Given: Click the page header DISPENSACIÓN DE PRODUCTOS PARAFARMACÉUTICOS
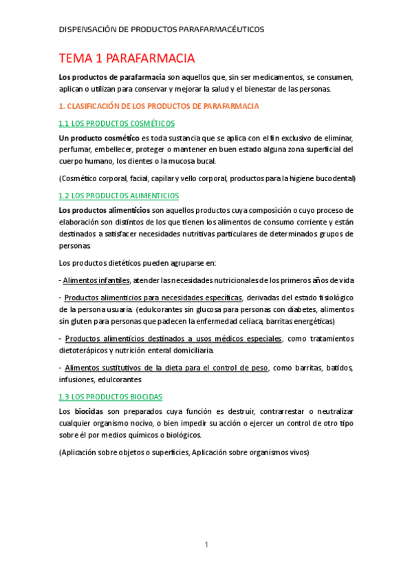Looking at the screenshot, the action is (161, 30).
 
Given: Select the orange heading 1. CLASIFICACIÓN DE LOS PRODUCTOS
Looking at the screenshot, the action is (159, 106).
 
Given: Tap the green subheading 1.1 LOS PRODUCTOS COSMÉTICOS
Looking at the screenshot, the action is (117, 123).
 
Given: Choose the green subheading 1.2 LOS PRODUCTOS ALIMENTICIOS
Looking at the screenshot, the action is (119, 196).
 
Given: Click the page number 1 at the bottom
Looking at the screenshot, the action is (206, 545).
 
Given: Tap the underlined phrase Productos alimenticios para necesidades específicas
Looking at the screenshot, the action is (153, 298).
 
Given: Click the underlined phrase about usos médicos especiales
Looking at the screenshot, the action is (173, 339).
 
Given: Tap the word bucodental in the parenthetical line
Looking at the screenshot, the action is (329, 178).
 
